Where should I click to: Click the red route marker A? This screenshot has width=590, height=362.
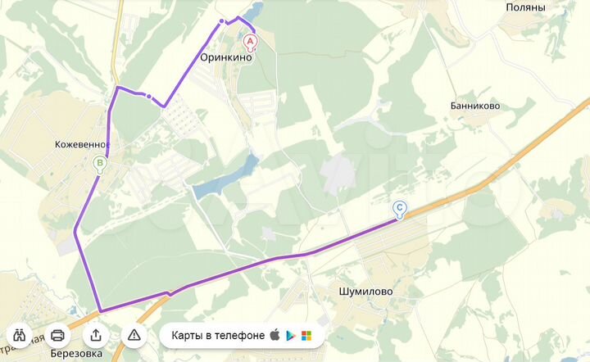pos(251,40)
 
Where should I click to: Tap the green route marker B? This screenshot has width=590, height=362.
pos(100,164)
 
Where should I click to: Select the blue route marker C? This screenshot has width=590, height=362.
pos(399,209)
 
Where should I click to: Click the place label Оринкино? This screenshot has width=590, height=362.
pos(226,58)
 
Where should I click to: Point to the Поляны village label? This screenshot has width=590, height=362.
pos(524,7)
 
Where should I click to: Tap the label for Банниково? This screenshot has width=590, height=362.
pos(475,106)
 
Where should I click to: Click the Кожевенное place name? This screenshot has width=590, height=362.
pos(82,144)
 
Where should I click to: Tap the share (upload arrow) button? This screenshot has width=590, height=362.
pos(96,334)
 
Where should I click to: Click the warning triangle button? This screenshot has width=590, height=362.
pos(134,334)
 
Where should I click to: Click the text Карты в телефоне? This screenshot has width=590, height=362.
pos(218,335)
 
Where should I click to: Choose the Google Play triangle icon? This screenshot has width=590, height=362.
pos(290,335)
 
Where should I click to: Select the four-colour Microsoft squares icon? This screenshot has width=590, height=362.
pos(306,336)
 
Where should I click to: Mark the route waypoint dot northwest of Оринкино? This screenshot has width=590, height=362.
pos(221,21)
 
